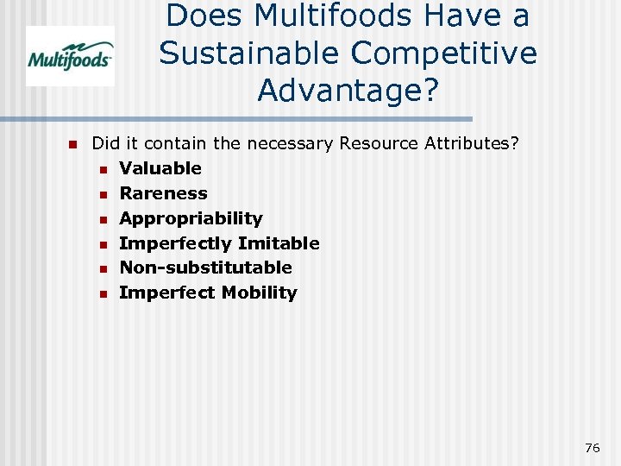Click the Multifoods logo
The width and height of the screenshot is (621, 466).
(70, 56)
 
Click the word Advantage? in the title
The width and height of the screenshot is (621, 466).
(348, 91)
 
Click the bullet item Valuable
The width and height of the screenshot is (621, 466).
(160, 168)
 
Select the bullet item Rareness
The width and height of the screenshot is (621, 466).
(163, 193)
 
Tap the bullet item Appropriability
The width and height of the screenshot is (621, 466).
(191, 218)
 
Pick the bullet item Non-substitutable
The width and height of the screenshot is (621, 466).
(205, 268)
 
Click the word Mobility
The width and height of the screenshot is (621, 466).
(259, 293)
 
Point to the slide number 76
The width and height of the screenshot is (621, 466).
(592, 447)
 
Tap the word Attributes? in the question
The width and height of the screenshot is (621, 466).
(472, 143)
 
